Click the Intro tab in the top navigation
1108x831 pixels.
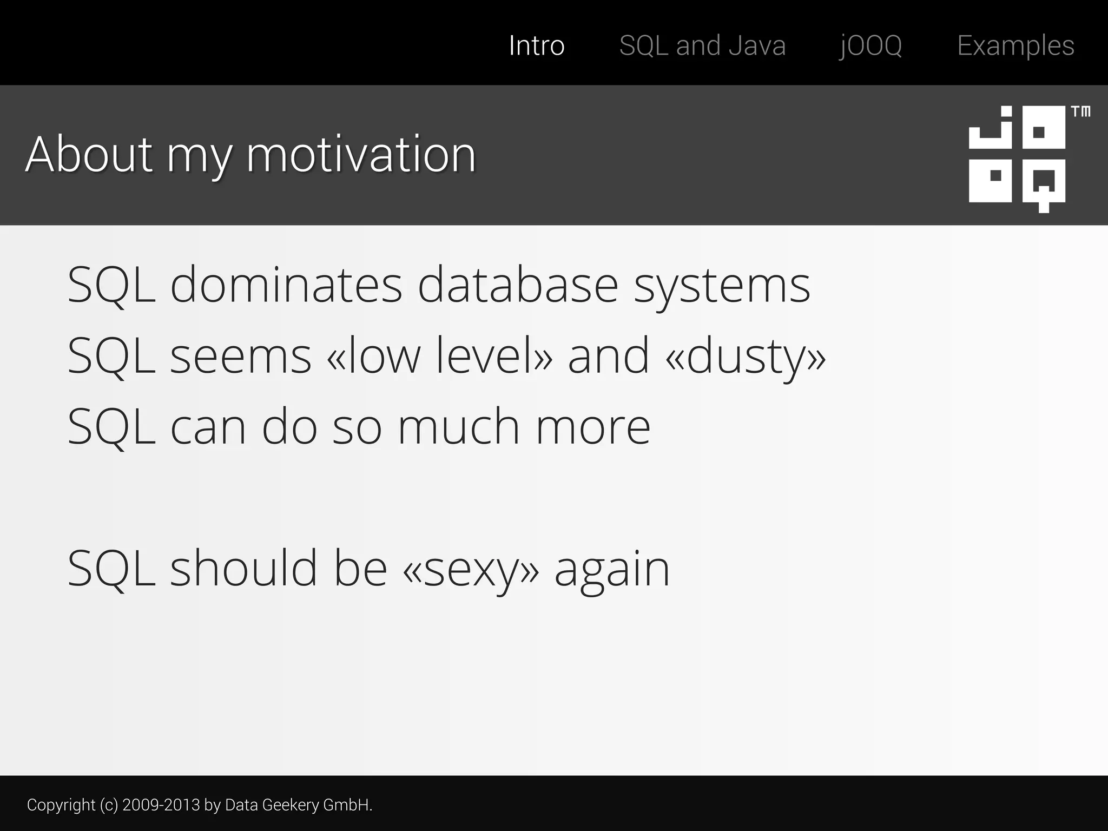536,45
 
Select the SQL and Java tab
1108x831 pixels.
702,45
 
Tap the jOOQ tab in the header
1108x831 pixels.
870,45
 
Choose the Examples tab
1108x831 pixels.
1015,45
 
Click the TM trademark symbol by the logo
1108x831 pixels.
1080,112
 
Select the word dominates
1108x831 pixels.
286,285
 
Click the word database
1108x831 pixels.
518,285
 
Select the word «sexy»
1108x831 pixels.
471,569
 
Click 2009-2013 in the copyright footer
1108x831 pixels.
161,805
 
